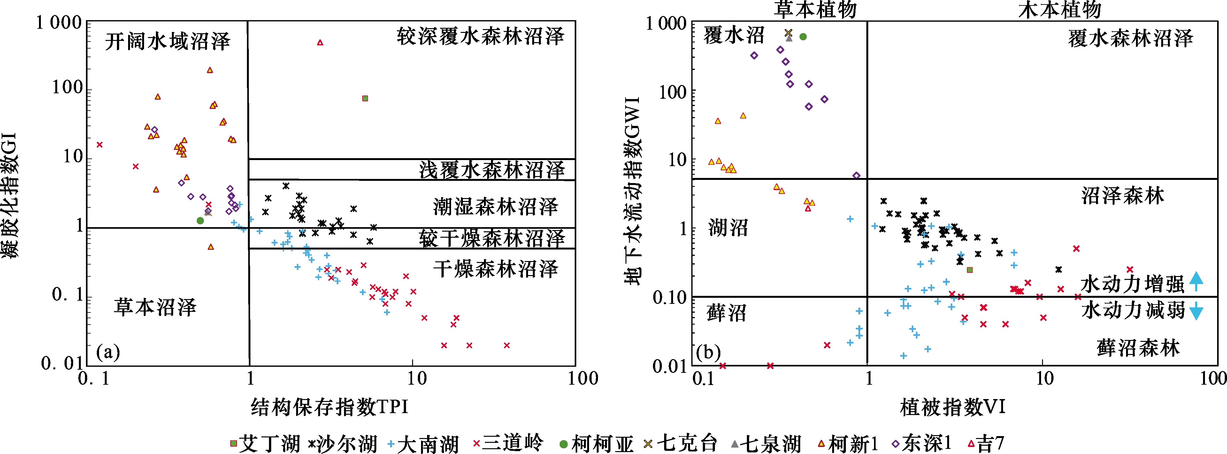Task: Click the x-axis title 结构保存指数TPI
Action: click(x=330, y=407)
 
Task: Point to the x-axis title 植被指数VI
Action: click(x=953, y=407)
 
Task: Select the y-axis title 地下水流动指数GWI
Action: click(x=633, y=190)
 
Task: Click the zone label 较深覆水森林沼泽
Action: click(x=480, y=36)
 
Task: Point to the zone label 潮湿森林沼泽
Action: click(x=495, y=207)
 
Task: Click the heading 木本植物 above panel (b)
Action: click(x=1060, y=10)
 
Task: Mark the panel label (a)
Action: click(x=108, y=352)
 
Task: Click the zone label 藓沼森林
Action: click(x=1139, y=348)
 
